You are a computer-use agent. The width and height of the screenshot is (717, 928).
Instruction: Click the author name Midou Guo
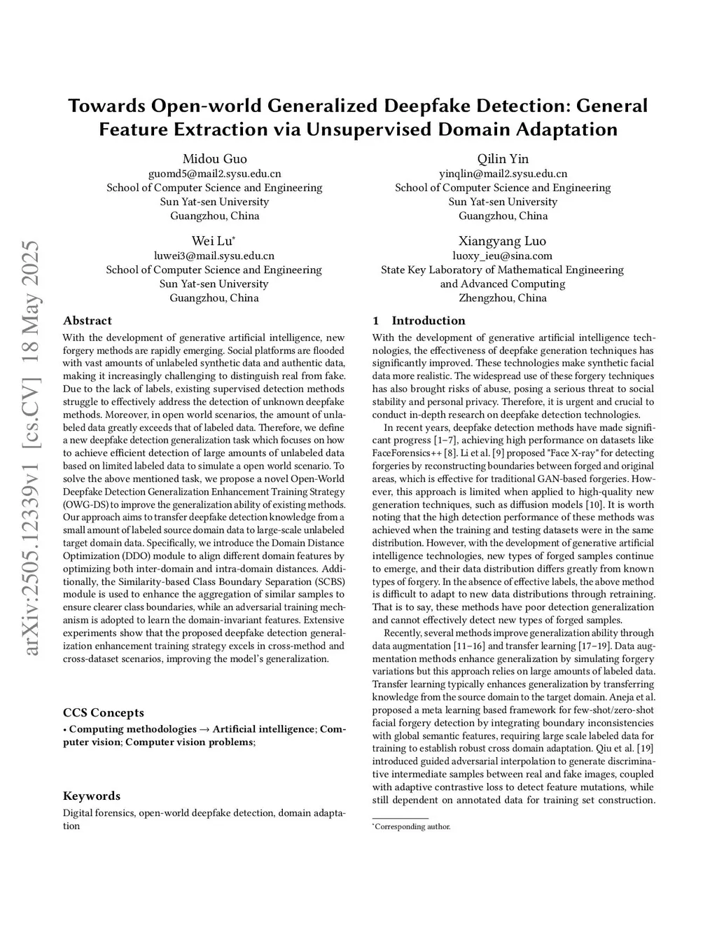pyautogui.click(x=214, y=159)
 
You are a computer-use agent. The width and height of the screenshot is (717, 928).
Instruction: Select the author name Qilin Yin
pyautogui.click(x=503, y=159)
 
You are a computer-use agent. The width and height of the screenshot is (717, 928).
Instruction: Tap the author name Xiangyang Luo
pyautogui.click(x=502, y=242)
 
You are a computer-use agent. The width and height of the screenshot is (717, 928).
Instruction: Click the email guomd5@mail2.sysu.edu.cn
pyautogui.click(x=214, y=174)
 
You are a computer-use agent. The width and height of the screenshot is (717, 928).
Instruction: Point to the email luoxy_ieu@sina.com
pyautogui.click(x=502, y=256)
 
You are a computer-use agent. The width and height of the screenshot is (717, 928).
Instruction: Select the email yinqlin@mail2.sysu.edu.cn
pyautogui.click(x=503, y=174)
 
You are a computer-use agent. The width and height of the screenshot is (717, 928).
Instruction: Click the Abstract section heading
pyautogui.click(x=88, y=321)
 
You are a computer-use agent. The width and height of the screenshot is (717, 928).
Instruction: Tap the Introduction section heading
pyautogui.click(x=428, y=321)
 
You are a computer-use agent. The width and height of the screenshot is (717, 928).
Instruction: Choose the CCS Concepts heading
pyautogui.click(x=104, y=713)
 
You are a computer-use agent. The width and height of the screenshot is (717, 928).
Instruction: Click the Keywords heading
pyautogui.click(x=92, y=796)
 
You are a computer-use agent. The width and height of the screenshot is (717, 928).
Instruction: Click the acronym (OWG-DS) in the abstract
pyautogui.click(x=86, y=505)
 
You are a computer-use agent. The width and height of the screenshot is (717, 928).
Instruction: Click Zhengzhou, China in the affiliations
pyautogui.click(x=502, y=298)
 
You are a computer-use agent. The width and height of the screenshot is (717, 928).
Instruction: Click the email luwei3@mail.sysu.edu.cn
pyautogui.click(x=214, y=256)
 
